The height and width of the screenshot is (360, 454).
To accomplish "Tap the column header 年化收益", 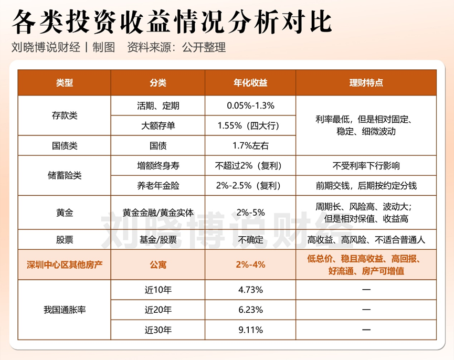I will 250,83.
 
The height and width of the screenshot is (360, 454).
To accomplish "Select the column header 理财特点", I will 366,83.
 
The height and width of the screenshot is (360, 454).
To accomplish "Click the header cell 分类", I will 157,83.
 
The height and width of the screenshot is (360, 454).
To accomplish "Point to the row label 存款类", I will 65,115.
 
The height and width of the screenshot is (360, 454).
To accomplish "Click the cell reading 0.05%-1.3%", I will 250,105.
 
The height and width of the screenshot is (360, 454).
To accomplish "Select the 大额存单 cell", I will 157,125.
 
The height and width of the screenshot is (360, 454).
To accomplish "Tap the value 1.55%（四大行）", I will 250,125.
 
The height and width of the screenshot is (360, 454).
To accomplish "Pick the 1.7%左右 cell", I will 250,145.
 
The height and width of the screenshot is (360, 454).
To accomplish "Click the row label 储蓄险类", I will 65,175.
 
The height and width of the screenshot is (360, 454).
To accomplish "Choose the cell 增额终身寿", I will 157,165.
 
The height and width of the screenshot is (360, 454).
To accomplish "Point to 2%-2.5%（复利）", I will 250,185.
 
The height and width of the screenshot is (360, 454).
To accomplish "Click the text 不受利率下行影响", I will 366,165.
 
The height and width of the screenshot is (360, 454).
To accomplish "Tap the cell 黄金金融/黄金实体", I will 157,213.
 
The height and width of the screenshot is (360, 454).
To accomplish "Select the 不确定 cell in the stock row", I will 250,240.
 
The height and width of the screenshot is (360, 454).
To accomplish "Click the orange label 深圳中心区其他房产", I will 65,265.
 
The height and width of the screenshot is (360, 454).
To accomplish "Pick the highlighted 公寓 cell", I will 157,265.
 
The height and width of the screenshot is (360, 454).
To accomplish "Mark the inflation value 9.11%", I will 250,330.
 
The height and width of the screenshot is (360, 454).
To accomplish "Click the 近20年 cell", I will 157,310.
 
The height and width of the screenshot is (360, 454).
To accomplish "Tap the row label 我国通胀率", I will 65,310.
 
